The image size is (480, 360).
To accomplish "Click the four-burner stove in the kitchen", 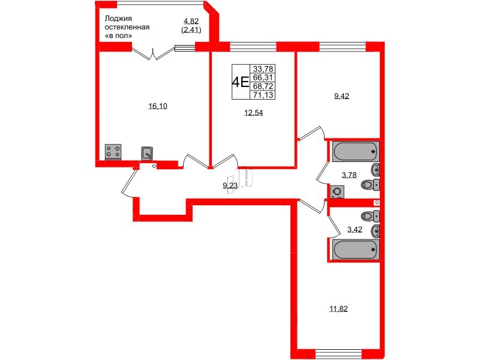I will point(112,151).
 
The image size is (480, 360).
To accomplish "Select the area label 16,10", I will point(158,106).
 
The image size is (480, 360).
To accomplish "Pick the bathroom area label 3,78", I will point(349,175).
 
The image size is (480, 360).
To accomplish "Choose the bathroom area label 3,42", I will point(355,229).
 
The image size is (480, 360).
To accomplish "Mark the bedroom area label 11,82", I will point(338,309).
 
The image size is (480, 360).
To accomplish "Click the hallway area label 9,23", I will point(230,186).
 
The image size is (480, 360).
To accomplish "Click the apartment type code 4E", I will point(241,82).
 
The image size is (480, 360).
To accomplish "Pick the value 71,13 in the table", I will point(262,95).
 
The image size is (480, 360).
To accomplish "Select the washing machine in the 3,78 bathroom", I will point(337,192).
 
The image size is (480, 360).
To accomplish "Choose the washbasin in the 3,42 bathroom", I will point(376,231).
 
